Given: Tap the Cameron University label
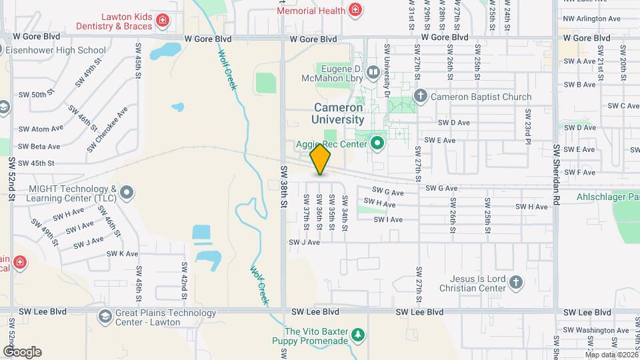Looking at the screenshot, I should point(339,113).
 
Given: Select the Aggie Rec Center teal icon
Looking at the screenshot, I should point(378,143).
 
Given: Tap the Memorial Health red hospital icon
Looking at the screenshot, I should point(355,10).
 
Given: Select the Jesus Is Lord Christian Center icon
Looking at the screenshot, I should point(515,283).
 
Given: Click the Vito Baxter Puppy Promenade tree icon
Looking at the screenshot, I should point(359,334).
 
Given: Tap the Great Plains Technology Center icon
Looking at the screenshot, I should point(105,317).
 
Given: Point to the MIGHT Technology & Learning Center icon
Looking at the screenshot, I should point(127,193).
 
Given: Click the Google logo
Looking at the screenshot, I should point(22,351).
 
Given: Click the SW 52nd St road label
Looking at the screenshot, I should point(11,183).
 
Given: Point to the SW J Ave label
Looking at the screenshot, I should point(305,242).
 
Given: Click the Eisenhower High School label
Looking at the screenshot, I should point(57,50).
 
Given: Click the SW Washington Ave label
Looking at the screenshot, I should point(595,330).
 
